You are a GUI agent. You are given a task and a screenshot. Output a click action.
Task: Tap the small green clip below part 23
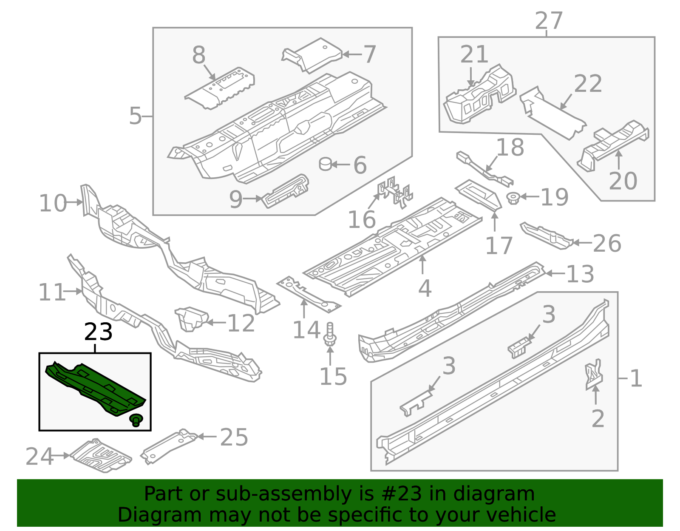click(x=136, y=420)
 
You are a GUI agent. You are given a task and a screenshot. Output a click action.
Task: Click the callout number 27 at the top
click(x=549, y=21)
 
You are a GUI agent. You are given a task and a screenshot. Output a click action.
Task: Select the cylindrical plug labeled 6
click(x=326, y=164)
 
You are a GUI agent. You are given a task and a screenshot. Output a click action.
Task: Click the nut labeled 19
click(x=514, y=198)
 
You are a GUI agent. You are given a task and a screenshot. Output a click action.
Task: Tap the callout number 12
click(x=241, y=324)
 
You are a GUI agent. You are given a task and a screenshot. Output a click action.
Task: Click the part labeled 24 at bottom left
click(x=101, y=456)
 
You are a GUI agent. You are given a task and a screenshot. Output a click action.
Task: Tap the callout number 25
click(x=234, y=437)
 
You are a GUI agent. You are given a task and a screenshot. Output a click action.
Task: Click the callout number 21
click(x=474, y=54)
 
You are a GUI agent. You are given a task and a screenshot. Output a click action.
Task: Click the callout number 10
click(x=53, y=203)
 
